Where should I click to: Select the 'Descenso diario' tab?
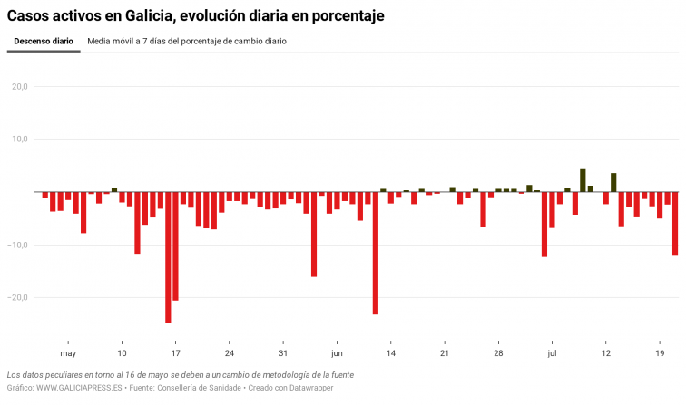pos(44,42)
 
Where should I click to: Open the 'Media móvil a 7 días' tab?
pos(187,42)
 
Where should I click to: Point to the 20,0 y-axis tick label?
pos(20,87)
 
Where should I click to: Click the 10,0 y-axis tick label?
pos(20,140)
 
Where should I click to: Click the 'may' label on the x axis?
pos(68,353)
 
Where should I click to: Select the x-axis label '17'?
pos(175,353)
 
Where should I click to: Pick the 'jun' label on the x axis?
pos(337,353)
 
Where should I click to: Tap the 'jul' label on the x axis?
pos(551,353)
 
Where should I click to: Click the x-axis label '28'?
pos(498,353)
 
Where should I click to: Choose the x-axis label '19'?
pos(660,353)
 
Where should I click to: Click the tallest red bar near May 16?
pos(168,257)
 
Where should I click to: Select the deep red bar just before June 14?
pos(375,253)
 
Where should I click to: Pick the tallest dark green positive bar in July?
pos(583,179)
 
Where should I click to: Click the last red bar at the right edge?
pos(675,223)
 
